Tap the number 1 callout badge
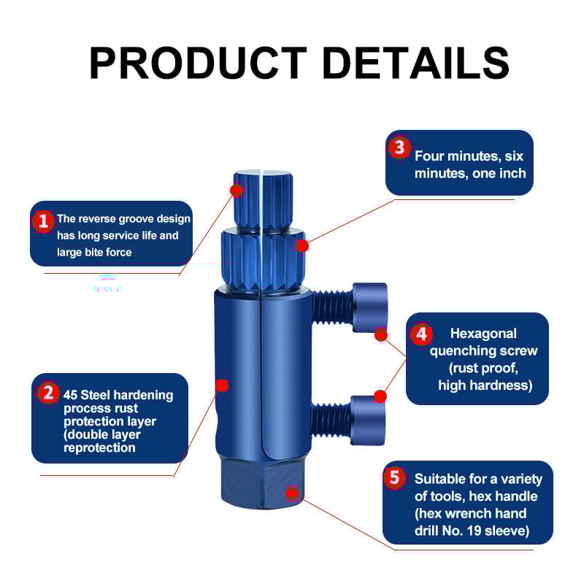click(43, 220)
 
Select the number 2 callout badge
click(48, 393)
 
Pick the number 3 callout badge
click(399, 147)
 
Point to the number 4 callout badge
click(420, 334)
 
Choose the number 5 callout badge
click(395, 478)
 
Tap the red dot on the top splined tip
click(236, 190)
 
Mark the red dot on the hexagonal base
click(292, 493)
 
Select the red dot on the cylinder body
click(222, 385)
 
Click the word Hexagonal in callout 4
click(483, 334)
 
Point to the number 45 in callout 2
click(71, 395)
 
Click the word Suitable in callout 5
click(440, 479)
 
